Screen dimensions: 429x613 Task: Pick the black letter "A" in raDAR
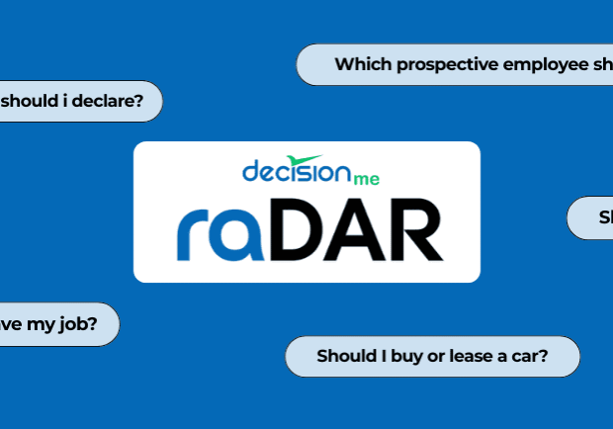362,230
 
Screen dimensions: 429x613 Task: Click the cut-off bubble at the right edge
593,217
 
